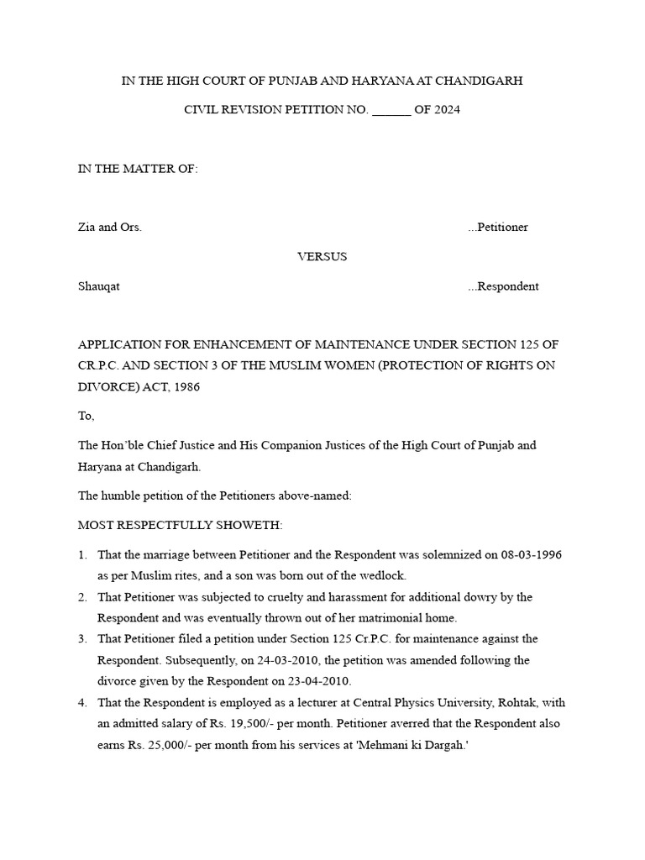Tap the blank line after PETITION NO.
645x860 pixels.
[391, 110]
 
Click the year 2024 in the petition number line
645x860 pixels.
[447, 110]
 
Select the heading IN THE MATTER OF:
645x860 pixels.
[138, 169]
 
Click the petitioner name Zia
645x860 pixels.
[87, 228]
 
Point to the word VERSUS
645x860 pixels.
[322, 257]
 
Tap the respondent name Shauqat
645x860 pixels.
[99, 286]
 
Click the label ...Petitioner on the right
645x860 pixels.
[498, 228]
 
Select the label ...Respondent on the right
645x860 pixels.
[503, 286]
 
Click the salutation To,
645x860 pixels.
[87, 416]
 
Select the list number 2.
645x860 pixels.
[82, 597]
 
